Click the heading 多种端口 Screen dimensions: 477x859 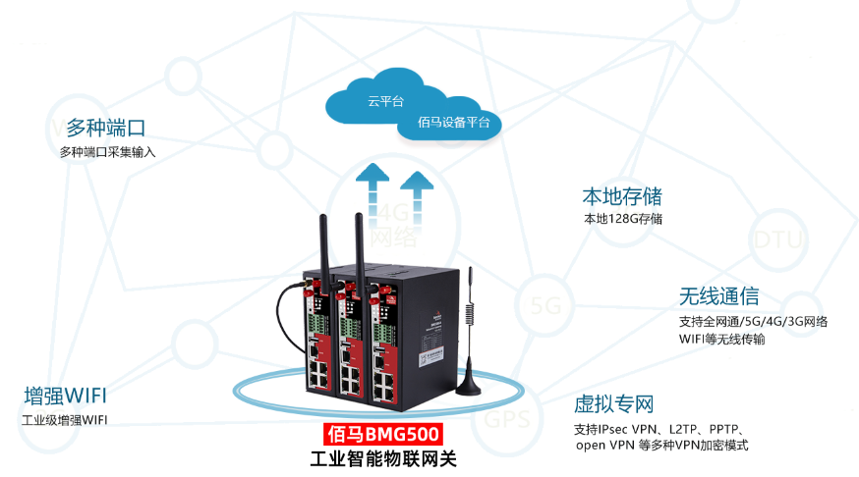pyautogui.click(x=106, y=128)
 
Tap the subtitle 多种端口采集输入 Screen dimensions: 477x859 pyautogui.click(x=107, y=152)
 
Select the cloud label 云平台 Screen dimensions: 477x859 pyautogui.click(x=385, y=101)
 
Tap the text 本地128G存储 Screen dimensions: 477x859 pyautogui.click(x=623, y=219)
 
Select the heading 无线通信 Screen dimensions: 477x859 pyautogui.click(x=718, y=296)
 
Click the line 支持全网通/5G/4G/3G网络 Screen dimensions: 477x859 pyautogui.click(x=753, y=321)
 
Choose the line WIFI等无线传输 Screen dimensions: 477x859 pyautogui.click(x=722, y=340)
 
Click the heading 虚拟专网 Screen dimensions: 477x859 pyautogui.click(x=614, y=404)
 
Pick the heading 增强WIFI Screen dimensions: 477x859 pyautogui.click(x=66, y=397)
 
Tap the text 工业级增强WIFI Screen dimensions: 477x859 pyautogui.click(x=65, y=421)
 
